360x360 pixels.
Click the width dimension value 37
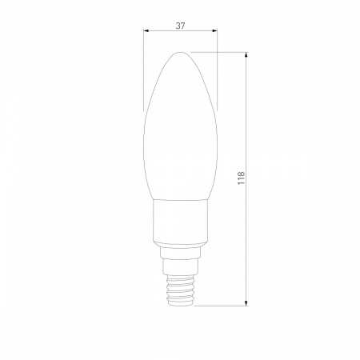(x=180, y=26)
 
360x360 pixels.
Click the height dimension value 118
(x=241, y=178)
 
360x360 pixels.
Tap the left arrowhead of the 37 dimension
(x=146, y=30)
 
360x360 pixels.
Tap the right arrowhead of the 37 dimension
(x=214, y=30)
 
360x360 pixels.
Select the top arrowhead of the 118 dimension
(x=246, y=54)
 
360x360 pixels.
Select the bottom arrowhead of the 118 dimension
(x=246, y=303)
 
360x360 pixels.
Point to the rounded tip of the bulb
(x=181, y=53)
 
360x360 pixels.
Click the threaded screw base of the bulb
(x=180, y=290)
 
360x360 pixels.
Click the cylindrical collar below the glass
(x=180, y=221)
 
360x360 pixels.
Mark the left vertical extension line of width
(x=144, y=70)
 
